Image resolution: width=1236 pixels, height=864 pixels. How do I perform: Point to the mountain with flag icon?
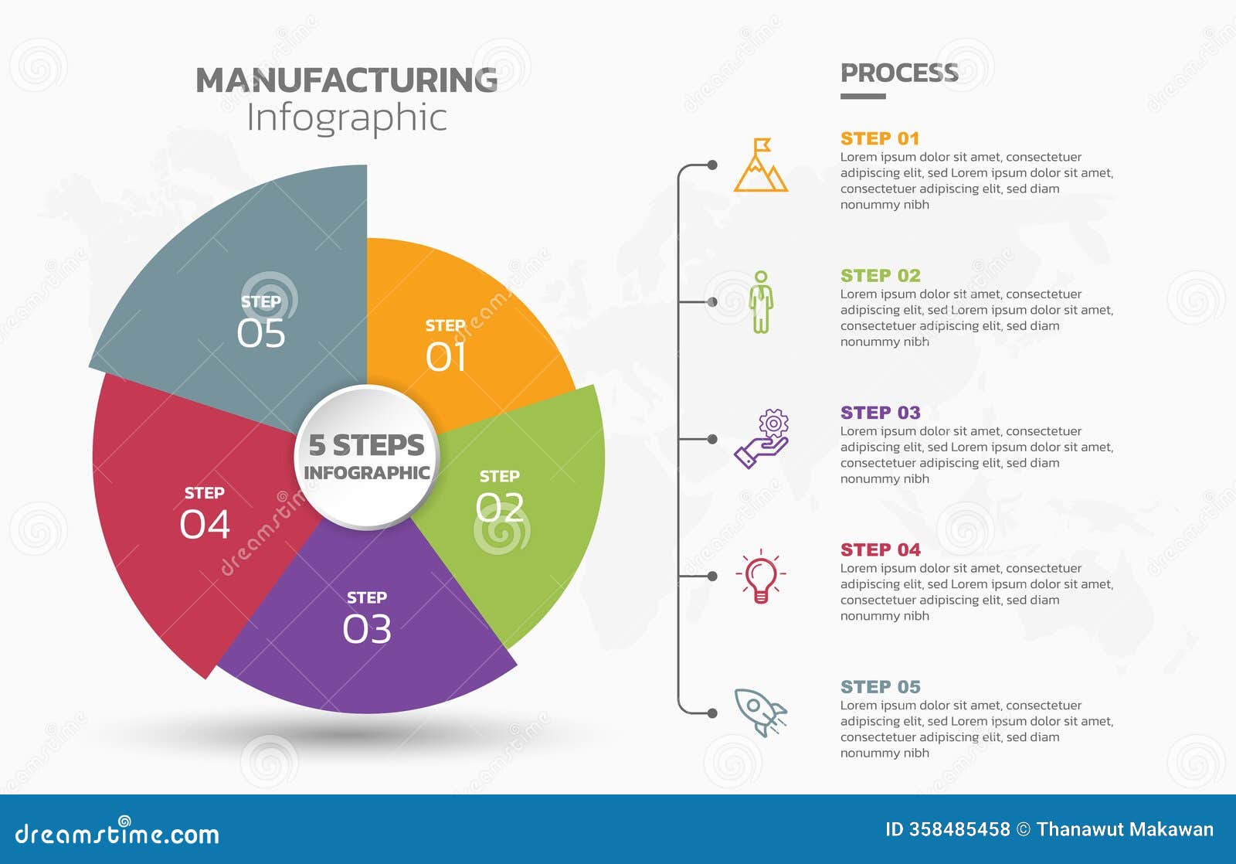761,165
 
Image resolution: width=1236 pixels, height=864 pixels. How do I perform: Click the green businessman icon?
761,302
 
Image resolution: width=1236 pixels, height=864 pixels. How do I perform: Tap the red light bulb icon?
761,577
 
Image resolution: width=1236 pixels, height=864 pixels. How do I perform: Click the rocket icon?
759,712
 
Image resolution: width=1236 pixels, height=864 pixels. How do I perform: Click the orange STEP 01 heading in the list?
880,139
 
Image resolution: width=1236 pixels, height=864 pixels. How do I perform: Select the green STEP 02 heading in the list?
880,276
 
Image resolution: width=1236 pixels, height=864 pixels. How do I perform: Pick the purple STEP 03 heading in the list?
880,413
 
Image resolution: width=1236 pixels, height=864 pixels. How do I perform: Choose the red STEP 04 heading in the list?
880,550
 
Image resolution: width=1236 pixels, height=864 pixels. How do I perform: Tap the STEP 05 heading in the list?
880,687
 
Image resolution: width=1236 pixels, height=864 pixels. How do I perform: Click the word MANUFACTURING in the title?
347,80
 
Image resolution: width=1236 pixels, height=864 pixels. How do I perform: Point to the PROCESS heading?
899,73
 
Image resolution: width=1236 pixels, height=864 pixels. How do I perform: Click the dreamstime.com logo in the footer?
117,833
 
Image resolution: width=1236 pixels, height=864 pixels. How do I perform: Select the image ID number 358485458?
959,830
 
